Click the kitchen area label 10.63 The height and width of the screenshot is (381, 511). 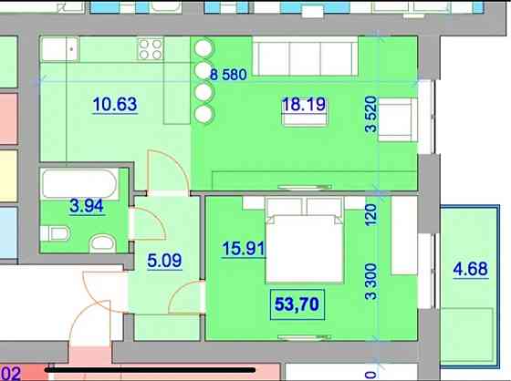coord(115,104)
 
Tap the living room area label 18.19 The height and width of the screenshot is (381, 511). coord(300,105)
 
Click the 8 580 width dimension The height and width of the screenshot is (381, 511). coord(228,76)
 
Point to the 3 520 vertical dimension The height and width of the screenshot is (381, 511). coord(370,116)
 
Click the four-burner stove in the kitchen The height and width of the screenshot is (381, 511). coord(151,49)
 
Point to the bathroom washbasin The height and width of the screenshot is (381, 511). coord(102,242)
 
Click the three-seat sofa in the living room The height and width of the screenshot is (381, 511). coord(304,57)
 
